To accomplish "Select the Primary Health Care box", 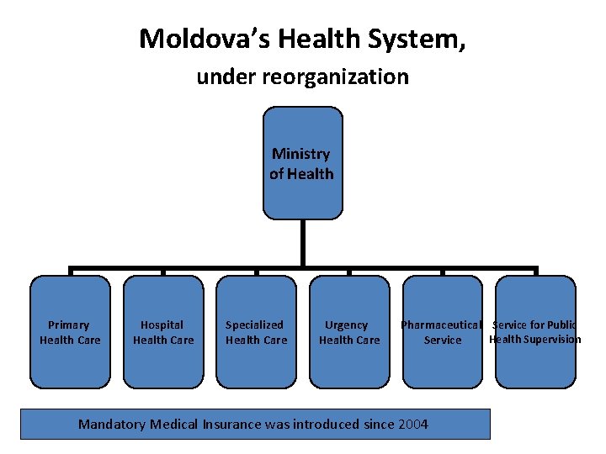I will pyautogui.click(x=70, y=332).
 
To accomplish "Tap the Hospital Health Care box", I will pyautogui.click(x=163, y=332).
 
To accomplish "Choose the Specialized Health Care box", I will pyautogui.click(x=256, y=332).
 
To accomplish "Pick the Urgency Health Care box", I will pyautogui.click(x=349, y=332).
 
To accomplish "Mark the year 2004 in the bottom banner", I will pyautogui.click(x=412, y=425).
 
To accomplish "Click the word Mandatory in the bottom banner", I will pyautogui.click(x=112, y=425).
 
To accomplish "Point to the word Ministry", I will pyautogui.click(x=301, y=154).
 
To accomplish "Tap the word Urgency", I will pyautogui.click(x=347, y=325).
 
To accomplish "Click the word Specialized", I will pyautogui.click(x=254, y=325).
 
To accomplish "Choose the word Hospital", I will pyautogui.click(x=162, y=325).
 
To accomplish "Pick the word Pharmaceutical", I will pyautogui.click(x=441, y=325).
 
